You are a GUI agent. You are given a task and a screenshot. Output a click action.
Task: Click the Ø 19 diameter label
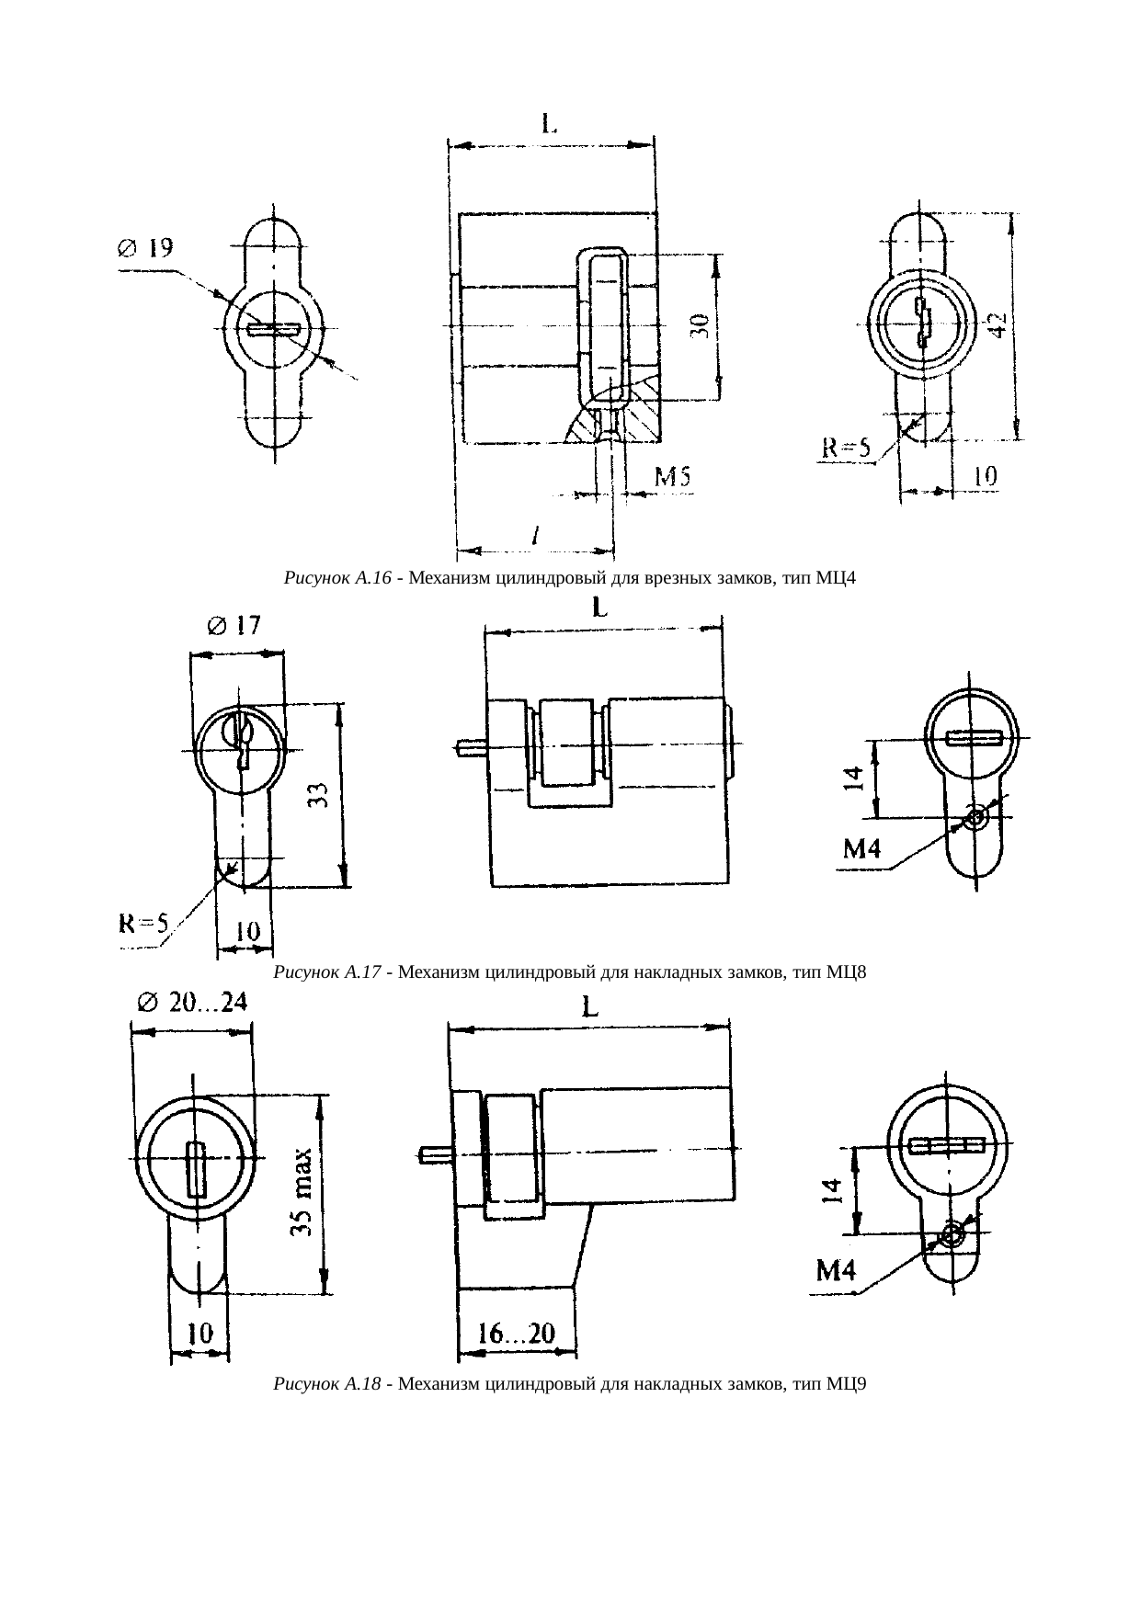[x=144, y=248]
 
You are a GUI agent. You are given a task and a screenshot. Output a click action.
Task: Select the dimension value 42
[x=997, y=325]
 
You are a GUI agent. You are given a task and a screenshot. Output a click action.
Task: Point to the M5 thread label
[x=673, y=477]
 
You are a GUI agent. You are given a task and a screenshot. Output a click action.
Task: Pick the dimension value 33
[x=317, y=795]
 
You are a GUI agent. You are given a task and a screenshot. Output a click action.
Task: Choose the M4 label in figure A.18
[x=838, y=1271]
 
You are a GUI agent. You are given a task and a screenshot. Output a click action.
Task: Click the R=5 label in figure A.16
[x=845, y=449]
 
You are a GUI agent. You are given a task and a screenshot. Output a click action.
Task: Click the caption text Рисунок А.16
[x=338, y=578]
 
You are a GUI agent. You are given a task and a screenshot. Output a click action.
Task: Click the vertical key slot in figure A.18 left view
[x=195, y=1169]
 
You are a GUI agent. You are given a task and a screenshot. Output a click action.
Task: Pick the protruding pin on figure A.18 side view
[x=434, y=1153]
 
